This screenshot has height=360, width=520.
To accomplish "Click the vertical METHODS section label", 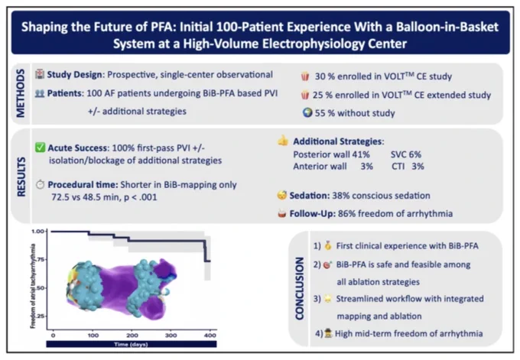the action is (x=20, y=93).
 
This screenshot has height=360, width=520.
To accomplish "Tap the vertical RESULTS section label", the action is (x=21, y=177).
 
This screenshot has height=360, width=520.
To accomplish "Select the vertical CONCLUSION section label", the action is (x=300, y=288).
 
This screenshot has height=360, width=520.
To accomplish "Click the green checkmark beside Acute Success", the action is (x=40, y=148).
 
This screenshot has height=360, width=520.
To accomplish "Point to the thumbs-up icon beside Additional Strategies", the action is (x=283, y=141).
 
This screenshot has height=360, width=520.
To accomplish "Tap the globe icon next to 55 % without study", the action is (x=307, y=112).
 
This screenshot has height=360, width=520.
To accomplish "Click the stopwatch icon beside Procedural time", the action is (x=40, y=184).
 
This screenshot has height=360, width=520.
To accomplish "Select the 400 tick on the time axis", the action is (x=210, y=335).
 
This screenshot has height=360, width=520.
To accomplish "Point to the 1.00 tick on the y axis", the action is (x=38, y=231).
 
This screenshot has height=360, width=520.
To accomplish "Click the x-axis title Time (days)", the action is (x=132, y=345).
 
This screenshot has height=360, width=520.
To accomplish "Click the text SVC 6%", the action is (x=405, y=154).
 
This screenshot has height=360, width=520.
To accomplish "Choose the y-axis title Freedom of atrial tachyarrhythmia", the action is (x=33, y=286).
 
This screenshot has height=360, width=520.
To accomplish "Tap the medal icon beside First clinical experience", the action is (x=327, y=246).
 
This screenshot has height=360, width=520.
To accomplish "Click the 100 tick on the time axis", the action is (x=93, y=335).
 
